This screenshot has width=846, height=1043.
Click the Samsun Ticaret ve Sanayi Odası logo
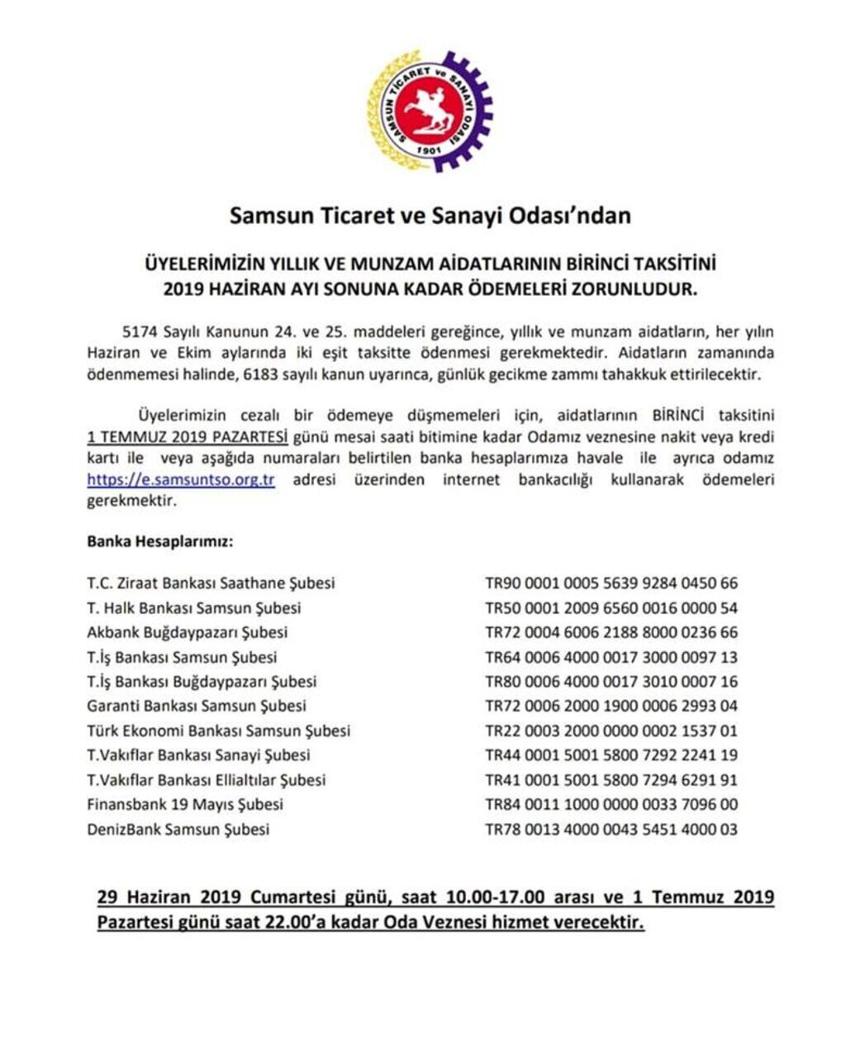pyautogui.click(x=429, y=111)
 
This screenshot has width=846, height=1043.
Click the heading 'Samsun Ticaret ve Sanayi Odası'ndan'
pyautogui.click(x=430, y=217)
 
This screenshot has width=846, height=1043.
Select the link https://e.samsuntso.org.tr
pyautogui.click(x=181, y=480)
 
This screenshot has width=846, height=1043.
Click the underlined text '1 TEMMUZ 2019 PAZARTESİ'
pyautogui.click(x=188, y=436)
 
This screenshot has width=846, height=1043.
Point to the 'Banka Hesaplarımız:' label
pyautogui.click(x=159, y=543)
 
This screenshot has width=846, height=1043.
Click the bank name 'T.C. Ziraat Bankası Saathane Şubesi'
pyautogui.click(x=211, y=583)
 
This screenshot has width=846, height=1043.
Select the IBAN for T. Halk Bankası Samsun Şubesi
pyautogui.click(x=611, y=608)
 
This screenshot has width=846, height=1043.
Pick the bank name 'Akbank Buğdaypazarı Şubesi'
pyautogui.click(x=188, y=633)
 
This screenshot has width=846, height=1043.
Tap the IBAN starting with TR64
pyautogui.click(x=611, y=658)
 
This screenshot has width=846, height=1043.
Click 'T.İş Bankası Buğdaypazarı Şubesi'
pyautogui.click(x=202, y=682)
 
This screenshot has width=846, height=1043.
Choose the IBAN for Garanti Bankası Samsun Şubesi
pyautogui.click(x=611, y=707)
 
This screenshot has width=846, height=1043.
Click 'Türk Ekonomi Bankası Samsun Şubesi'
pyautogui.click(x=218, y=731)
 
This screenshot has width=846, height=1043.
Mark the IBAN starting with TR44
pyautogui.click(x=611, y=755)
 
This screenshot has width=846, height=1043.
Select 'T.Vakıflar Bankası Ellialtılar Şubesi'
pyautogui.click(x=207, y=780)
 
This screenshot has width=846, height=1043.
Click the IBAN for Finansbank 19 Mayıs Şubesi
pyautogui.click(x=611, y=804)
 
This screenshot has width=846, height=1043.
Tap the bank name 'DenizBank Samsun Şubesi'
pyautogui.click(x=178, y=829)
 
